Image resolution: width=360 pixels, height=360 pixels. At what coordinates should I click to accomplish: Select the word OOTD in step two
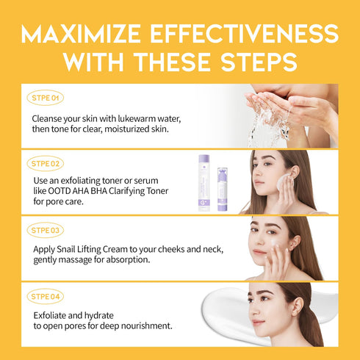[x=59, y=191]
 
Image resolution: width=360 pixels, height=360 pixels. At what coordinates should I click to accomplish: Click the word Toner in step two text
[x=154, y=191]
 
